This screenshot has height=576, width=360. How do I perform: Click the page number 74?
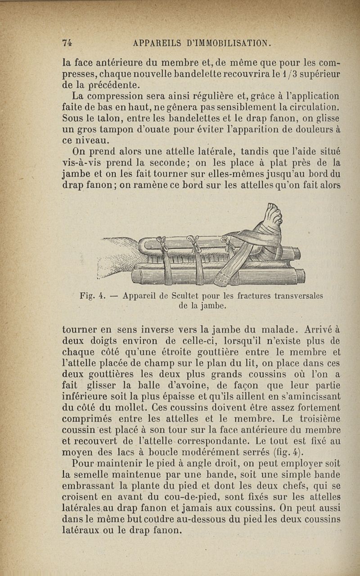[67, 43]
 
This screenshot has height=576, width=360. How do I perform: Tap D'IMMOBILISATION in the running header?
[228, 43]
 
